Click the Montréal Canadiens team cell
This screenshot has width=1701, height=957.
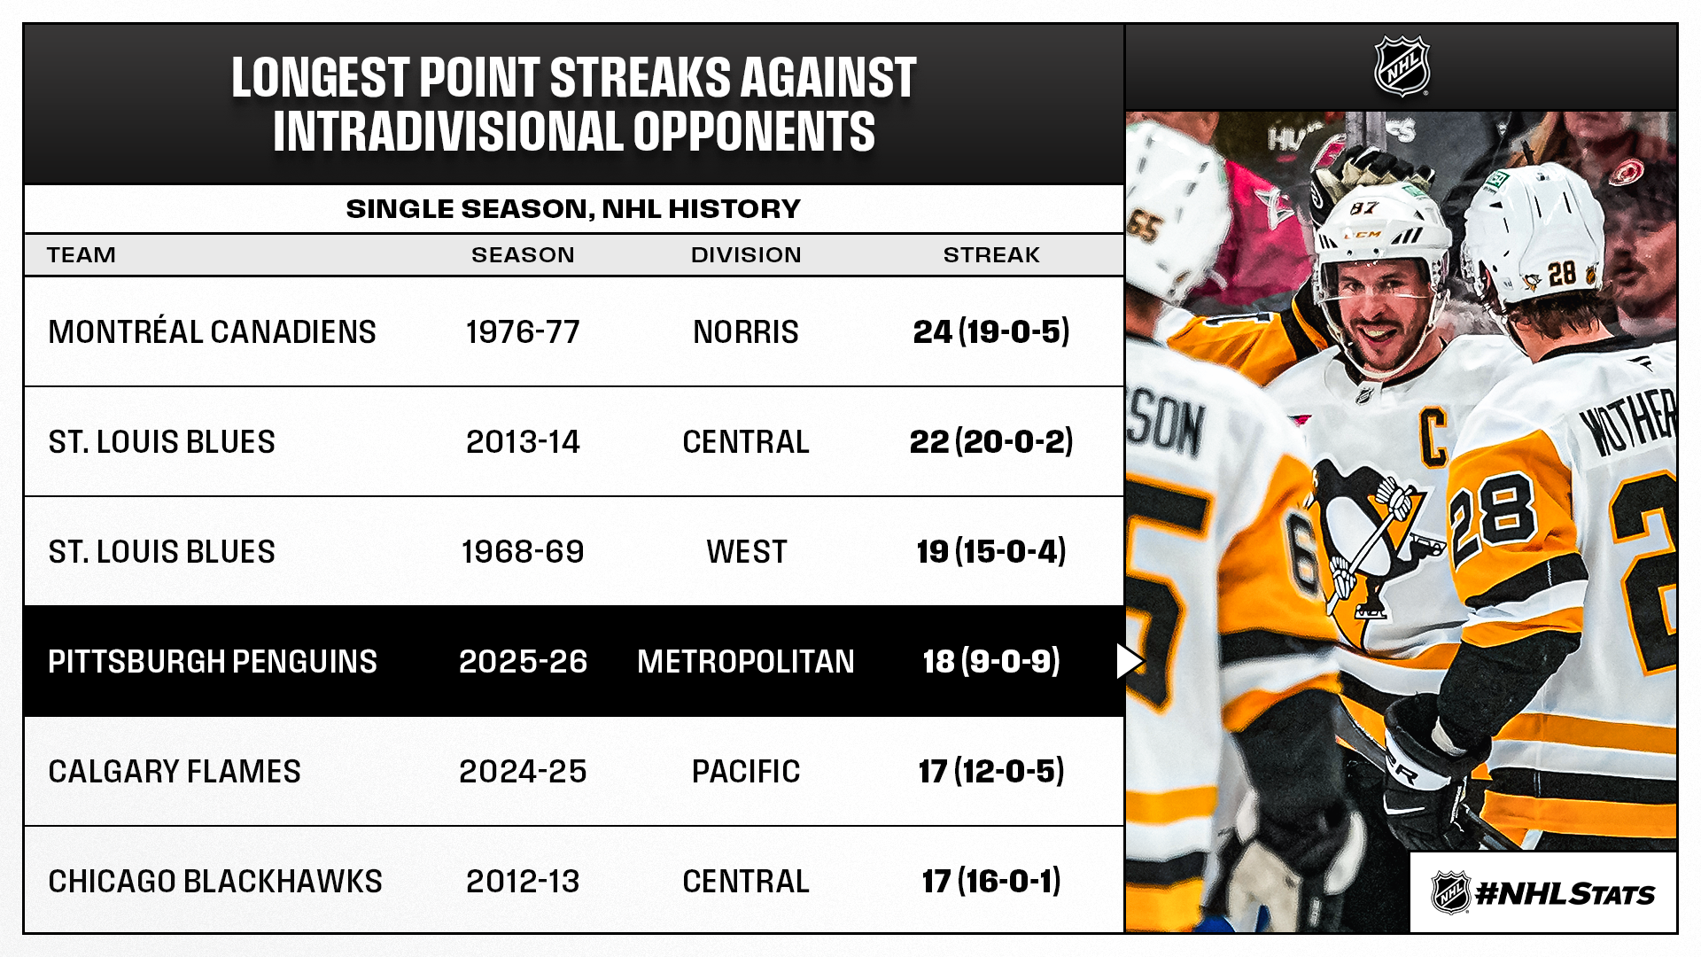[x=212, y=331]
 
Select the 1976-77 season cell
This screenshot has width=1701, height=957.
[x=523, y=331]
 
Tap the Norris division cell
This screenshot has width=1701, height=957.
[x=746, y=331]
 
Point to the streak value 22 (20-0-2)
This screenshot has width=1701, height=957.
[x=991, y=441]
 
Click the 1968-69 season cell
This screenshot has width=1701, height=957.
[x=523, y=551]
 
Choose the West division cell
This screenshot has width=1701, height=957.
[x=746, y=551]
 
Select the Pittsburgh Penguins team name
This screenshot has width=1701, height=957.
[x=213, y=661]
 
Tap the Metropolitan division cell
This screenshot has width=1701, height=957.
[x=746, y=661]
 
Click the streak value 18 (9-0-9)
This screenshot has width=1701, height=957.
[x=991, y=661]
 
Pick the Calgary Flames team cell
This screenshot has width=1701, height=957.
[x=175, y=771]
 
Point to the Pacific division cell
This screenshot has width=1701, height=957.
[x=746, y=771]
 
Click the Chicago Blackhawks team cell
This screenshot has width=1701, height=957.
[x=215, y=881]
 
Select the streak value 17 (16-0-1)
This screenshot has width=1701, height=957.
[x=991, y=881]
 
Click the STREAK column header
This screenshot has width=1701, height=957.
[x=991, y=255]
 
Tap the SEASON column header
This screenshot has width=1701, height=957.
[x=523, y=255]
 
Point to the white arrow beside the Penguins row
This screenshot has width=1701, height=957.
[x=1130, y=661]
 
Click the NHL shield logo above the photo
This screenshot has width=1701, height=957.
[x=1402, y=66]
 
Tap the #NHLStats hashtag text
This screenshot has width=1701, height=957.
[x=1565, y=893]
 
